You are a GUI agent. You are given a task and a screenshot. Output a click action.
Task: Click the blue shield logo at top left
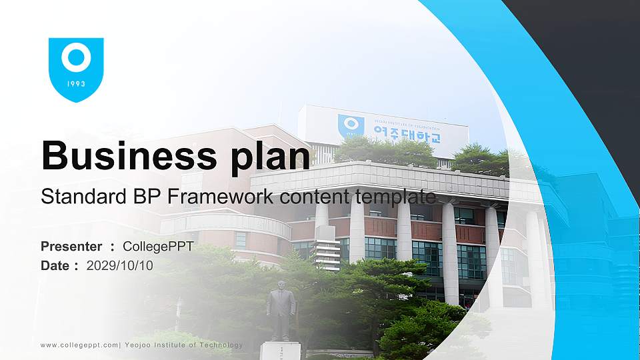pyautogui.click(x=76, y=69)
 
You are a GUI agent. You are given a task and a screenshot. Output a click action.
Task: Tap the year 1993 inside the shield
pyautogui.click(x=76, y=85)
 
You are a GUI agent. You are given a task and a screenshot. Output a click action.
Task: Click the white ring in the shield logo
pyautogui.click(x=76, y=58)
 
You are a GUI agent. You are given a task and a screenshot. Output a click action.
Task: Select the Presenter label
pyautogui.click(x=71, y=247)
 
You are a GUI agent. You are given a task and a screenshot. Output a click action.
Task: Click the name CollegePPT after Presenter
pyautogui.click(x=158, y=247)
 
